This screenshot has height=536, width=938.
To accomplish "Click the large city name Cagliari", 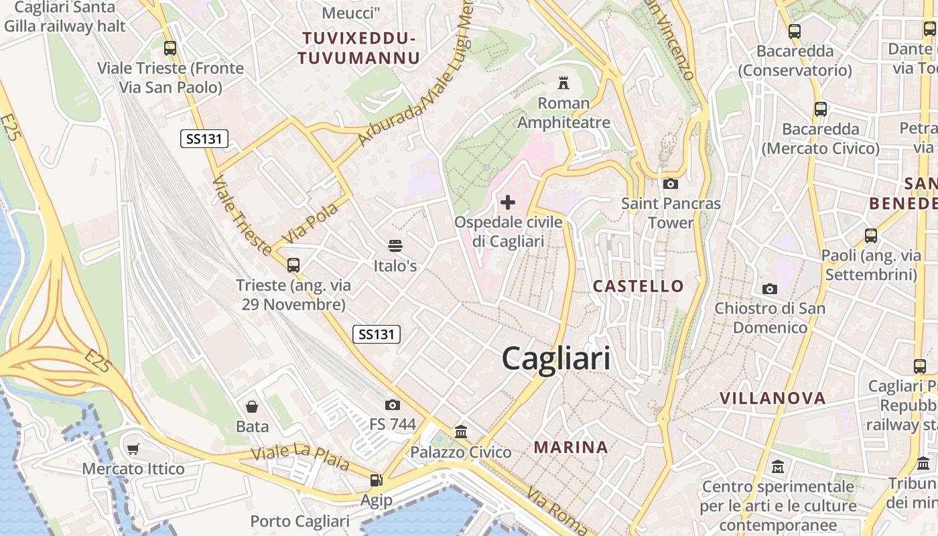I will tap(556, 358).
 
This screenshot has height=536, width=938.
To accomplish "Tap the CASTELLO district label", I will tap(639, 286).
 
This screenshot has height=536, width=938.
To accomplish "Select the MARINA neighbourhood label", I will tap(571, 447).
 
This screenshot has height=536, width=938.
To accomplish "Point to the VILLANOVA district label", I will tap(773, 398).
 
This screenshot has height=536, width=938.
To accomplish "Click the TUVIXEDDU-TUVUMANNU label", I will tap(360, 48).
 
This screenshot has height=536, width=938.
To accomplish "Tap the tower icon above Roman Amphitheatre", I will tap(563, 83).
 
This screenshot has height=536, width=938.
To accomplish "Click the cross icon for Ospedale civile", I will tap(508, 202).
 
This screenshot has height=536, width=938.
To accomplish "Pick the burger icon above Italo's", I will tap(395, 246).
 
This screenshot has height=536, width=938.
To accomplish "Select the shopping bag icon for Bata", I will tap(252, 406).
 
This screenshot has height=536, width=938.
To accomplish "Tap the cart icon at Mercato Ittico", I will tap(133, 449).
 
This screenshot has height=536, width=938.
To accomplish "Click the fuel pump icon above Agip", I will tap(377, 480).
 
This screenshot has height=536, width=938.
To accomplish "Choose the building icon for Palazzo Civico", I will tap(461, 432).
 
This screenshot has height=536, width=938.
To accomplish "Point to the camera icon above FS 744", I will tap(393, 405).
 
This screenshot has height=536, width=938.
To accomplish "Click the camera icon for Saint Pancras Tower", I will tap(670, 184).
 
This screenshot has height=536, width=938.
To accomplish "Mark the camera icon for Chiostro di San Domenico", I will tap(770, 289).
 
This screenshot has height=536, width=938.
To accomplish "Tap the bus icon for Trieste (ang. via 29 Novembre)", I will tap(293, 265).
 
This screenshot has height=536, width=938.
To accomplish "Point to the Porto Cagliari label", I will tap(299, 521).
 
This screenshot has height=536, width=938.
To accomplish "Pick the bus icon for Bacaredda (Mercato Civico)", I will tap(820, 109).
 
